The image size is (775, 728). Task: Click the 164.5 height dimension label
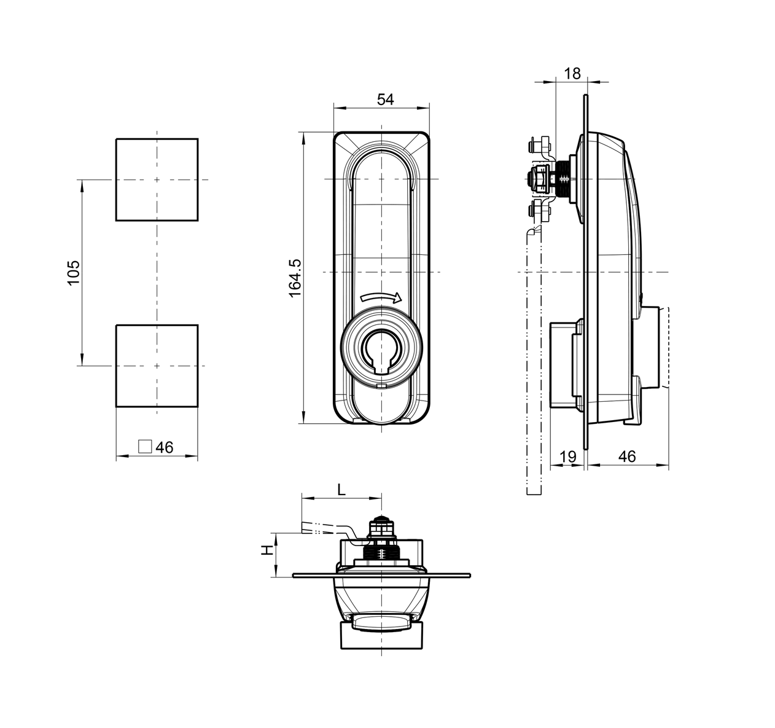pos(295,278)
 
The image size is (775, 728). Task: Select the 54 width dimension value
pos(384,100)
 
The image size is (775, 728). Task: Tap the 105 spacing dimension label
pos(73,272)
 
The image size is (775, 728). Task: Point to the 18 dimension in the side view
pos(571,74)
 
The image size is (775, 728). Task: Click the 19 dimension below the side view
pos(568,456)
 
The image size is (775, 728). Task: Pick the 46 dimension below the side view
pos(626,456)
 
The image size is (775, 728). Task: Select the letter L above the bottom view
pos(342,490)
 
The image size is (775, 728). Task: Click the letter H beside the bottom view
pos(267,550)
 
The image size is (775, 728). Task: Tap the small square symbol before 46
pos(145,447)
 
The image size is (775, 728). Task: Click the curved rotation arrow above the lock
pos(381,297)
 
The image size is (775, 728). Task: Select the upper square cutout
pos(157,179)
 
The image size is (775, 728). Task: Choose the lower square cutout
pos(157,366)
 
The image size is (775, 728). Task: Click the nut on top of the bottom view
pos(381,526)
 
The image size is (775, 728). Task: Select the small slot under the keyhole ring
pos(381,387)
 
